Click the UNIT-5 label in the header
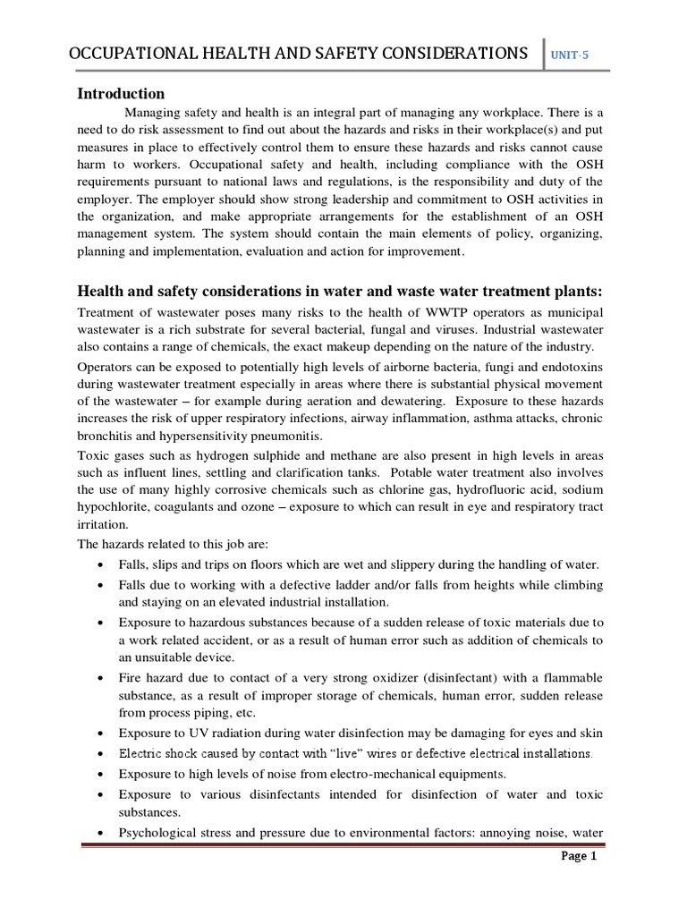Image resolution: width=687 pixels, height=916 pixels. [x=570, y=55]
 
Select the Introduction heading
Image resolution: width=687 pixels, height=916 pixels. [x=121, y=94]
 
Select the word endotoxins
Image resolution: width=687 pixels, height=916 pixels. [x=569, y=367]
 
